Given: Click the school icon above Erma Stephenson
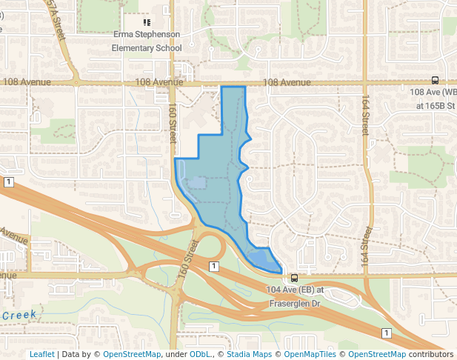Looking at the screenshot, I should click(147, 22).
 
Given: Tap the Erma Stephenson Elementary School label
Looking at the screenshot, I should click(147, 41).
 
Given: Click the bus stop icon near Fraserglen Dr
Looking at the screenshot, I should click(295, 279).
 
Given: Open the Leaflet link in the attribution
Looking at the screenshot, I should click(42, 354).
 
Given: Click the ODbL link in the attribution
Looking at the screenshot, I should click(199, 354).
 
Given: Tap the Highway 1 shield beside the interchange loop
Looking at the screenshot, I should click(213, 266).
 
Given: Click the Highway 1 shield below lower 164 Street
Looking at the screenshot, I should click(386, 333).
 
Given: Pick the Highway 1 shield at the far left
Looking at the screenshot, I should click(8, 182).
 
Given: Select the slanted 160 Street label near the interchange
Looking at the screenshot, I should click(187, 256).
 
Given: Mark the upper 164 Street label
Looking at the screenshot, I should click(365, 116).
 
